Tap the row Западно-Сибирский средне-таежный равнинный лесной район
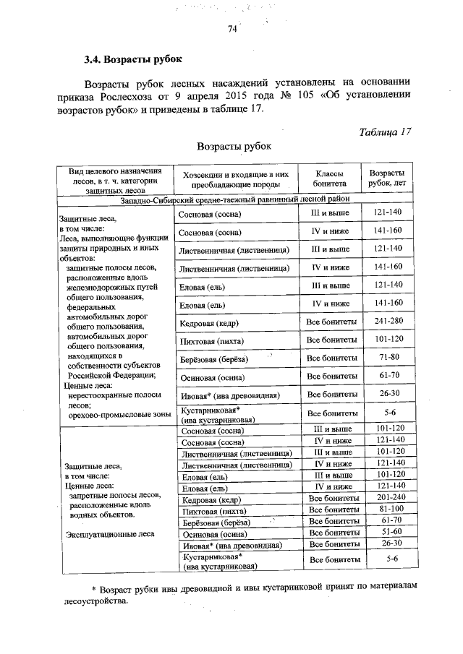pyautogui.click(x=236, y=199)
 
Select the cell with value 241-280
pyautogui.click(x=387, y=322)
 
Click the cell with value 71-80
pyautogui.click(x=387, y=358)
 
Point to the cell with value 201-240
pyautogui.click(x=387, y=499)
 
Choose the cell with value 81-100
pyautogui.click(x=387, y=510)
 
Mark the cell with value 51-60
pyautogui.click(x=387, y=533)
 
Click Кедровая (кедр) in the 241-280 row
pyautogui.click(x=210, y=322)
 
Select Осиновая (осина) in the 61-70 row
pyautogui.click(x=211, y=377)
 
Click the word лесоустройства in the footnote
pyautogui.click(x=95, y=601)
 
